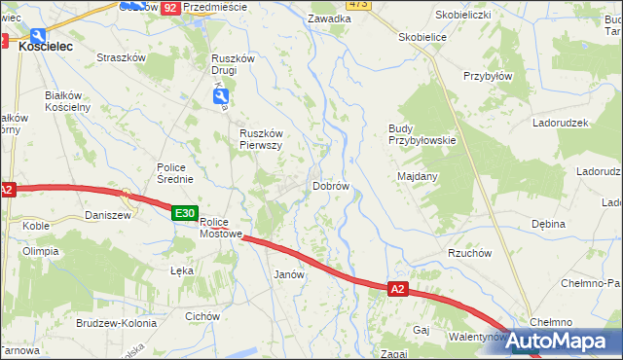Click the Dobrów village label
tap(330, 186)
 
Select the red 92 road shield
tap(170, 7)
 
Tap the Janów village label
tap(290, 274)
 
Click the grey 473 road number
tap(357, 5)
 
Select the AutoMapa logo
tap(552, 342)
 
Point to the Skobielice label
tap(422, 37)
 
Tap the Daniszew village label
tap(107, 215)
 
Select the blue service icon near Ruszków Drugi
tap(222, 96)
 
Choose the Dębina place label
tap(548, 224)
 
